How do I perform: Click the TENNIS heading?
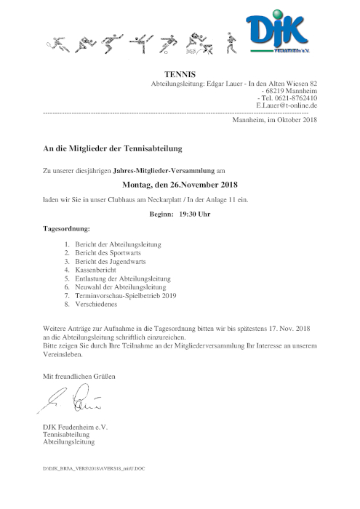(x=180, y=74)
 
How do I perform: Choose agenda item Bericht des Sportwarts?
(x=111, y=252)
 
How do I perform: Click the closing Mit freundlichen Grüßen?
(x=79, y=376)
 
